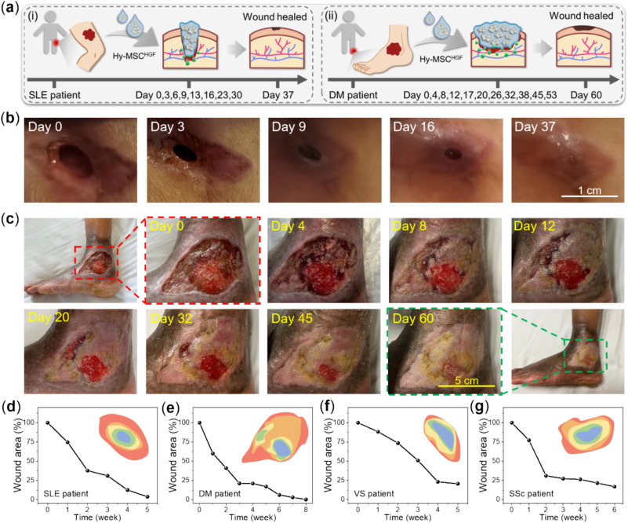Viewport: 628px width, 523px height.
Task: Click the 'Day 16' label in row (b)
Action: click(416, 128)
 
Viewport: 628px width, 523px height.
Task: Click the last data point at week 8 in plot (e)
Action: click(305, 499)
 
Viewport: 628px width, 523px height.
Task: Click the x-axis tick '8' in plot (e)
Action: click(305, 510)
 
